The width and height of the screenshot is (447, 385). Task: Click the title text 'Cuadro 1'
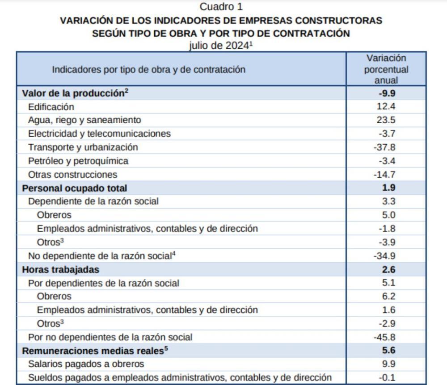(221, 7)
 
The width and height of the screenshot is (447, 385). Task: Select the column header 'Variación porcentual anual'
(386, 69)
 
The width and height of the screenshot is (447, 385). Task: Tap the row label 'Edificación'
(51, 107)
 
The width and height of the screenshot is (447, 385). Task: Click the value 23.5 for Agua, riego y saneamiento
(386, 120)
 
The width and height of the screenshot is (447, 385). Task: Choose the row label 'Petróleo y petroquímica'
(78, 161)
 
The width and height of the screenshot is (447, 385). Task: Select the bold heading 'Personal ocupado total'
(75, 188)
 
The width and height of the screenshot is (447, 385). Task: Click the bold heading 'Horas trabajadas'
(61, 269)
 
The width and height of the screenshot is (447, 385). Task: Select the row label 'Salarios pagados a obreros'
(86, 364)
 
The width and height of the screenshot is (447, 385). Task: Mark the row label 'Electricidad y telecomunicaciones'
(99, 134)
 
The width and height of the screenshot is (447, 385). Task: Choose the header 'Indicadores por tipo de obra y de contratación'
(148, 70)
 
